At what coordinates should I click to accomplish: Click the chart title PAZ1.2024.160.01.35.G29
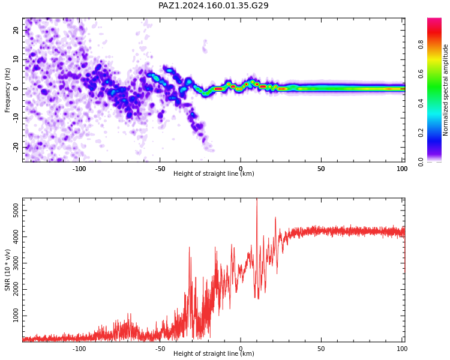(214, 5)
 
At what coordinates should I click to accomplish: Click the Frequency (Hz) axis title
(7, 90)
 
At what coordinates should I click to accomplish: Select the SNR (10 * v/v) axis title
(7, 270)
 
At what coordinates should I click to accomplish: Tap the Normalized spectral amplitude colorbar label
(445, 90)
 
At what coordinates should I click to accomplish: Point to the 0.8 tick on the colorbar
(421, 44)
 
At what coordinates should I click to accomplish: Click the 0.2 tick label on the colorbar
(421, 133)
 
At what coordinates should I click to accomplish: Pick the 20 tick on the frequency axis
(16, 30)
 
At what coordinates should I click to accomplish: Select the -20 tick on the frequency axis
(16, 148)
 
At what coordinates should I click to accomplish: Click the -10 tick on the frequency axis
(16, 118)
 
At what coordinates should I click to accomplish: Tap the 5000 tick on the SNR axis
(16, 211)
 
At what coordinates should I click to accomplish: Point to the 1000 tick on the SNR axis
(16, 316)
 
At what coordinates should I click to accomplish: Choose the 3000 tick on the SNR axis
(16, 263)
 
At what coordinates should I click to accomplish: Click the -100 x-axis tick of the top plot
(79, 169)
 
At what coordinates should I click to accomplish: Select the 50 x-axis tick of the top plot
(321, 169)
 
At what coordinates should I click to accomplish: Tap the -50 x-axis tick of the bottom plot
(160, 349)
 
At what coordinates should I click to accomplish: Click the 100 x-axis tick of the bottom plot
(402, 349)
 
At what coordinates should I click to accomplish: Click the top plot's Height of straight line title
(214, 173)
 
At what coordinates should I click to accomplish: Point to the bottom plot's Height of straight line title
(214, 353)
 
